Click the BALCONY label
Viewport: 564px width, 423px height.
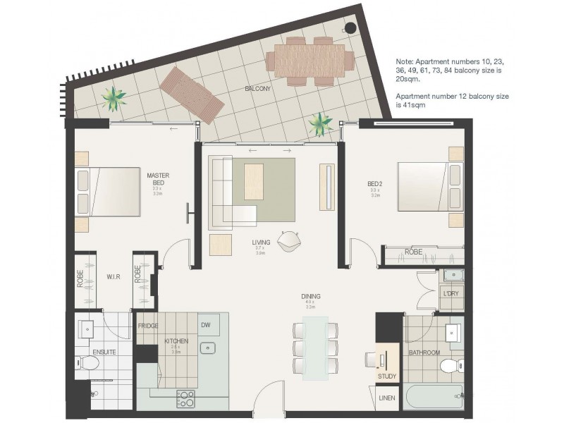tap(258, 89)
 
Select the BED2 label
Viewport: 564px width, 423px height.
tap(374, 185)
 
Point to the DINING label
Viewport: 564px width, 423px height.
tap(310, 297)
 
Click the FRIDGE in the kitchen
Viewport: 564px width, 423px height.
tap(147, 326)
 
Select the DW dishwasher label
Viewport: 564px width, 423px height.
tap(205, 325)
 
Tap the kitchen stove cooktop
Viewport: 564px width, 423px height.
tap(185, 399)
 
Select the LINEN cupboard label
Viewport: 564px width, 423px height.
tap(387, 398)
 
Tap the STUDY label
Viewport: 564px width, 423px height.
tap(387, 376)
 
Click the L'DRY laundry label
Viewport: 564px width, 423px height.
tap(450, 292)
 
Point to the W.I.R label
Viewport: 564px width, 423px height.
tap(113, 278)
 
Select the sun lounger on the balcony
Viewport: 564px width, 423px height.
tap(192, 94)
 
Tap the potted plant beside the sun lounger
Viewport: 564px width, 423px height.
tap(113, 98)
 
